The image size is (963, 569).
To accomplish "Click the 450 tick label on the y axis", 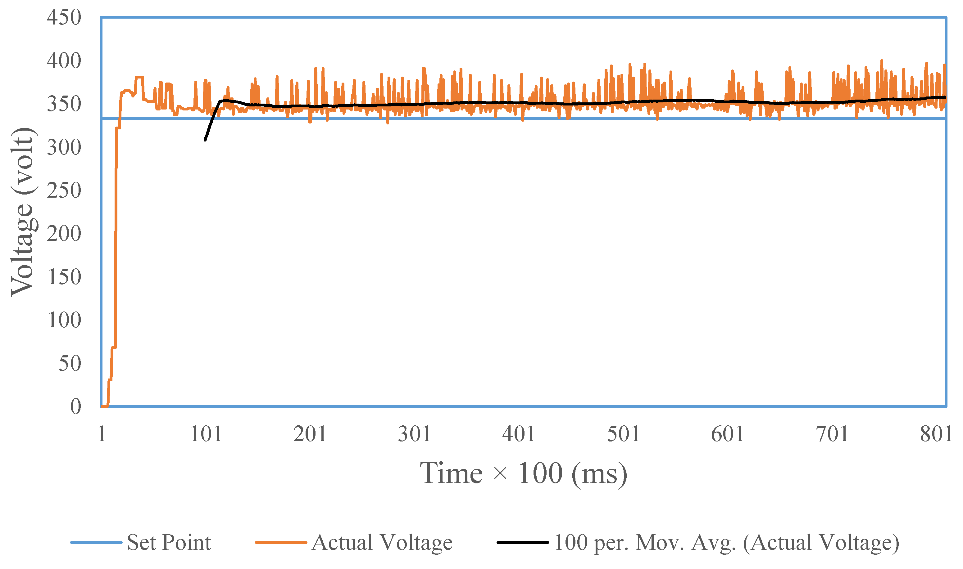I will point(64,18).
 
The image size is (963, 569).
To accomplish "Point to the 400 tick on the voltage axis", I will point(64,61).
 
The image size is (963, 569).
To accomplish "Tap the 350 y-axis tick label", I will point(64,104).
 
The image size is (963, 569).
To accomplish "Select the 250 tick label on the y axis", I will point(64,190).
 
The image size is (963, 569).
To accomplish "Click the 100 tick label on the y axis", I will point(64,320).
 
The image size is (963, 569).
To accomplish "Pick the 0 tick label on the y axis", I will point(75,407).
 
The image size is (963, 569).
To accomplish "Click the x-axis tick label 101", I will point(206,434).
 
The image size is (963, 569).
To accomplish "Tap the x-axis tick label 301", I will point(414,434).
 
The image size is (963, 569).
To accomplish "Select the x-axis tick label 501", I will point(623,434).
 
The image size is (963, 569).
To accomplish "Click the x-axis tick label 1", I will point(102,434).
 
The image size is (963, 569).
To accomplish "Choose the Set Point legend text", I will point(169,543).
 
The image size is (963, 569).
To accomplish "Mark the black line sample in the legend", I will point(523,543).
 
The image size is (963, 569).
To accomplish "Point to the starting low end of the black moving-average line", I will point(205,140).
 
